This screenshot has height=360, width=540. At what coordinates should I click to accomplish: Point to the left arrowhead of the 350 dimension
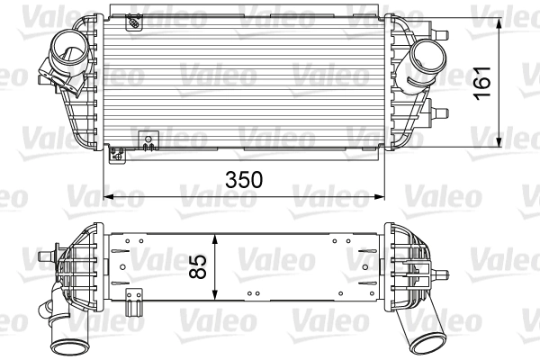[x=110, y=195]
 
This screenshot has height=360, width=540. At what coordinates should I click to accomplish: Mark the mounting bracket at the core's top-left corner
[x=133, y=19]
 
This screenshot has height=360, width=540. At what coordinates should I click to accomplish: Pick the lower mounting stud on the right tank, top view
[x=442, y=113]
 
